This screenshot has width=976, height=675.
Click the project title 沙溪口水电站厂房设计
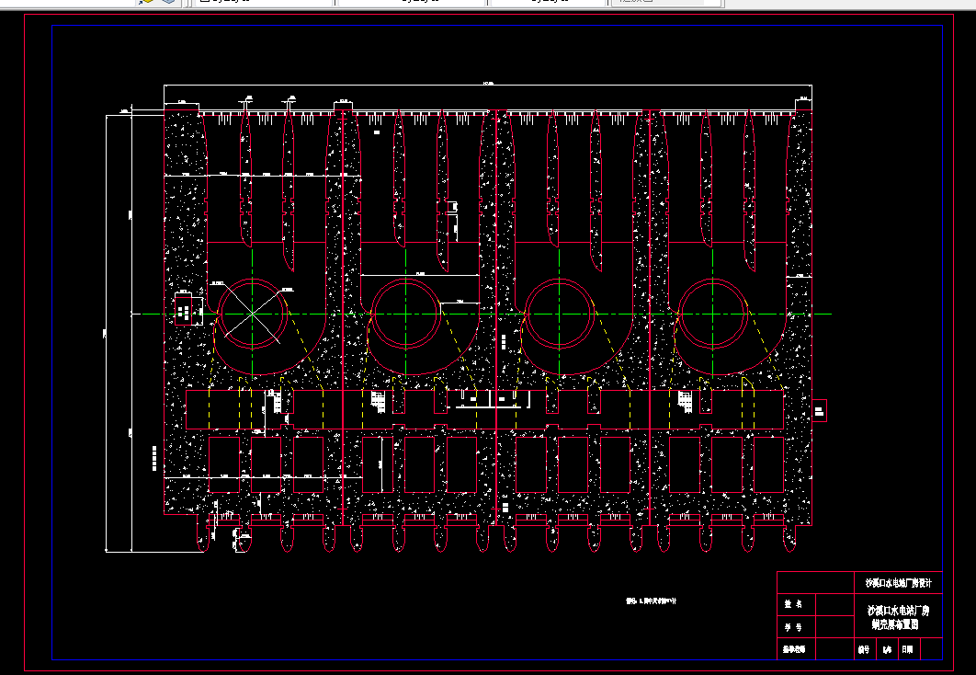pyautogui.click(x=898, y=583)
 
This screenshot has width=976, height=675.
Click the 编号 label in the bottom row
pyautogui.click(x=863, y=649)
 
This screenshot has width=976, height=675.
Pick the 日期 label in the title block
pyautogui.click(x=907, y=649)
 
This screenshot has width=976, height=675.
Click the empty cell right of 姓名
pyautogui.click(x=832, y=605)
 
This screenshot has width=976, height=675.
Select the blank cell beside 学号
pyautogui.click(x=832, y=627)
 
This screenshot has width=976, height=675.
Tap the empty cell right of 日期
pyautogui.click(x=930, y=649)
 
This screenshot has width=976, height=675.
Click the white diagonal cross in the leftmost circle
pyautogui.click(x=252, y=314)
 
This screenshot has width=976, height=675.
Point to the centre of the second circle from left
pyautogui.click(x=406, y=314)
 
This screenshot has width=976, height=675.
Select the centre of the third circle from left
pyautogui.click(x=560, y=314)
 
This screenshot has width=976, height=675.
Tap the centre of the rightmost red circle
pyautogui.click(x=713, y=314)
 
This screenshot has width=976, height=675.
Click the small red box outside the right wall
pyautogui.click(x=820, y=410)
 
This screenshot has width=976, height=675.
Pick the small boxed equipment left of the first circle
pyautogui.click(x=187, y=311)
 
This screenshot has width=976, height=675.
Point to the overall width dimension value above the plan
pyautogui.click(x=487, y=84)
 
